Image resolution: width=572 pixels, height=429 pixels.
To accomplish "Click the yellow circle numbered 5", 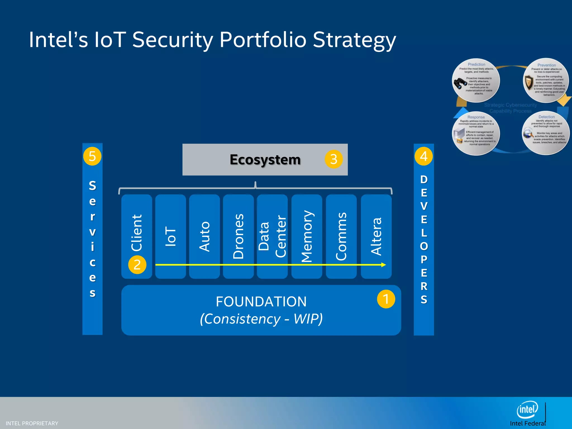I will pyautogui.click(x=92, y=156).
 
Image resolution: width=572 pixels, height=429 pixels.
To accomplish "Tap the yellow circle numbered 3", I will pyautogui.click(x=333, y=159).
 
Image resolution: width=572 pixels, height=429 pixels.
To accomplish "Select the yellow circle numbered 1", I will pyautogui.click(x=386, y=299).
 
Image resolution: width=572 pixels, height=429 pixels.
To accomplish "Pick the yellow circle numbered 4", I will pyautogui.click(x=423, y=156).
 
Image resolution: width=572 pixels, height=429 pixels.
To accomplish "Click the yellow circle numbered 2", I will pyautogui.click(x=137, y=265).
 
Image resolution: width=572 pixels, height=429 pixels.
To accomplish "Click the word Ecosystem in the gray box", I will pyautogui.click(x=265, y=160).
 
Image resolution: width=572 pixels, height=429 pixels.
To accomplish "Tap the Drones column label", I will pyautogui.click(x=239, y=236).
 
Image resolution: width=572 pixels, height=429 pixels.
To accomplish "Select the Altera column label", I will pyautogui.click(x=376, y=236).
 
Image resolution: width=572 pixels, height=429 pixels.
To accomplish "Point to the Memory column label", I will pyautogui.click(x=307, y=236).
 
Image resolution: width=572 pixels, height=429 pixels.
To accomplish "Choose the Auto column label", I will pyautogui.click(x=204, y=236).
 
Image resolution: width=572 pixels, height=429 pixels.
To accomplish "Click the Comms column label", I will pyautogui.click(x=341, y=236).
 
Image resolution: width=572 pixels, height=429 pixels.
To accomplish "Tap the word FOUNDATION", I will pyautogui.click(x=261, y=302).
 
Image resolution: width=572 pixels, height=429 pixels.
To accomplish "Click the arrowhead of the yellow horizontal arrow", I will pyautogui.click(x=384, y=265).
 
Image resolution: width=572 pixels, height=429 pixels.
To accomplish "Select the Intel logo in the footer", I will pyautogui.click(x=527, y=410).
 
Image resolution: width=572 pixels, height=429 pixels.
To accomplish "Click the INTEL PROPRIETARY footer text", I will pyautogui.click(x=32, y=423).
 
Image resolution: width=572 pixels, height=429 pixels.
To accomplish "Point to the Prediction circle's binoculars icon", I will pyautogui.click(x=460, y=83).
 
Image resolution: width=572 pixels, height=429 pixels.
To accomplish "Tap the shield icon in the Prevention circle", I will pyautogui.click(x=529, y=83).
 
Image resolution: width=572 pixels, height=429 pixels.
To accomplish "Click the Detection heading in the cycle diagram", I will pyautogui.click(x=547, y=117).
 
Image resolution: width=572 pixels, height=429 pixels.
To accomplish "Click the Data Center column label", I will pyautogui.click(x=272, y=236).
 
